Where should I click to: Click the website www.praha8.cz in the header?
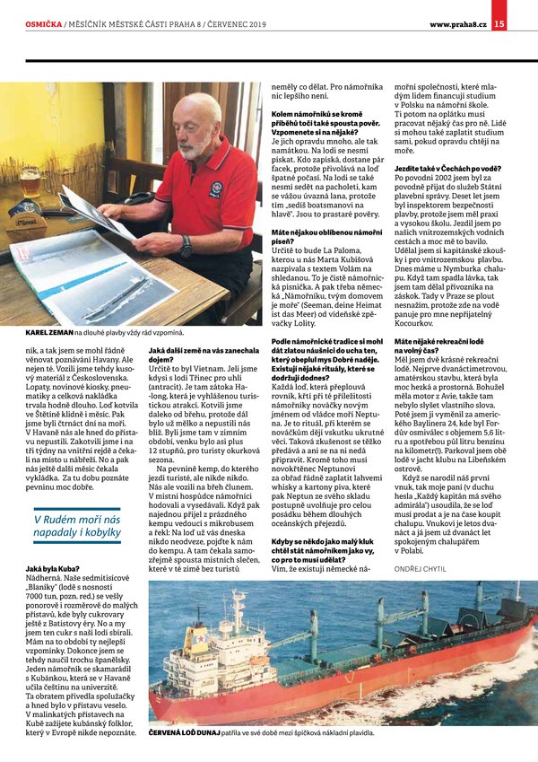click(x=459, y=23)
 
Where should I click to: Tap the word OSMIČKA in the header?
click(x=43, y=23)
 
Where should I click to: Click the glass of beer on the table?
click(x=30, y=188)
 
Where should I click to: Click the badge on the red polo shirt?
click(x=215, y=188)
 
